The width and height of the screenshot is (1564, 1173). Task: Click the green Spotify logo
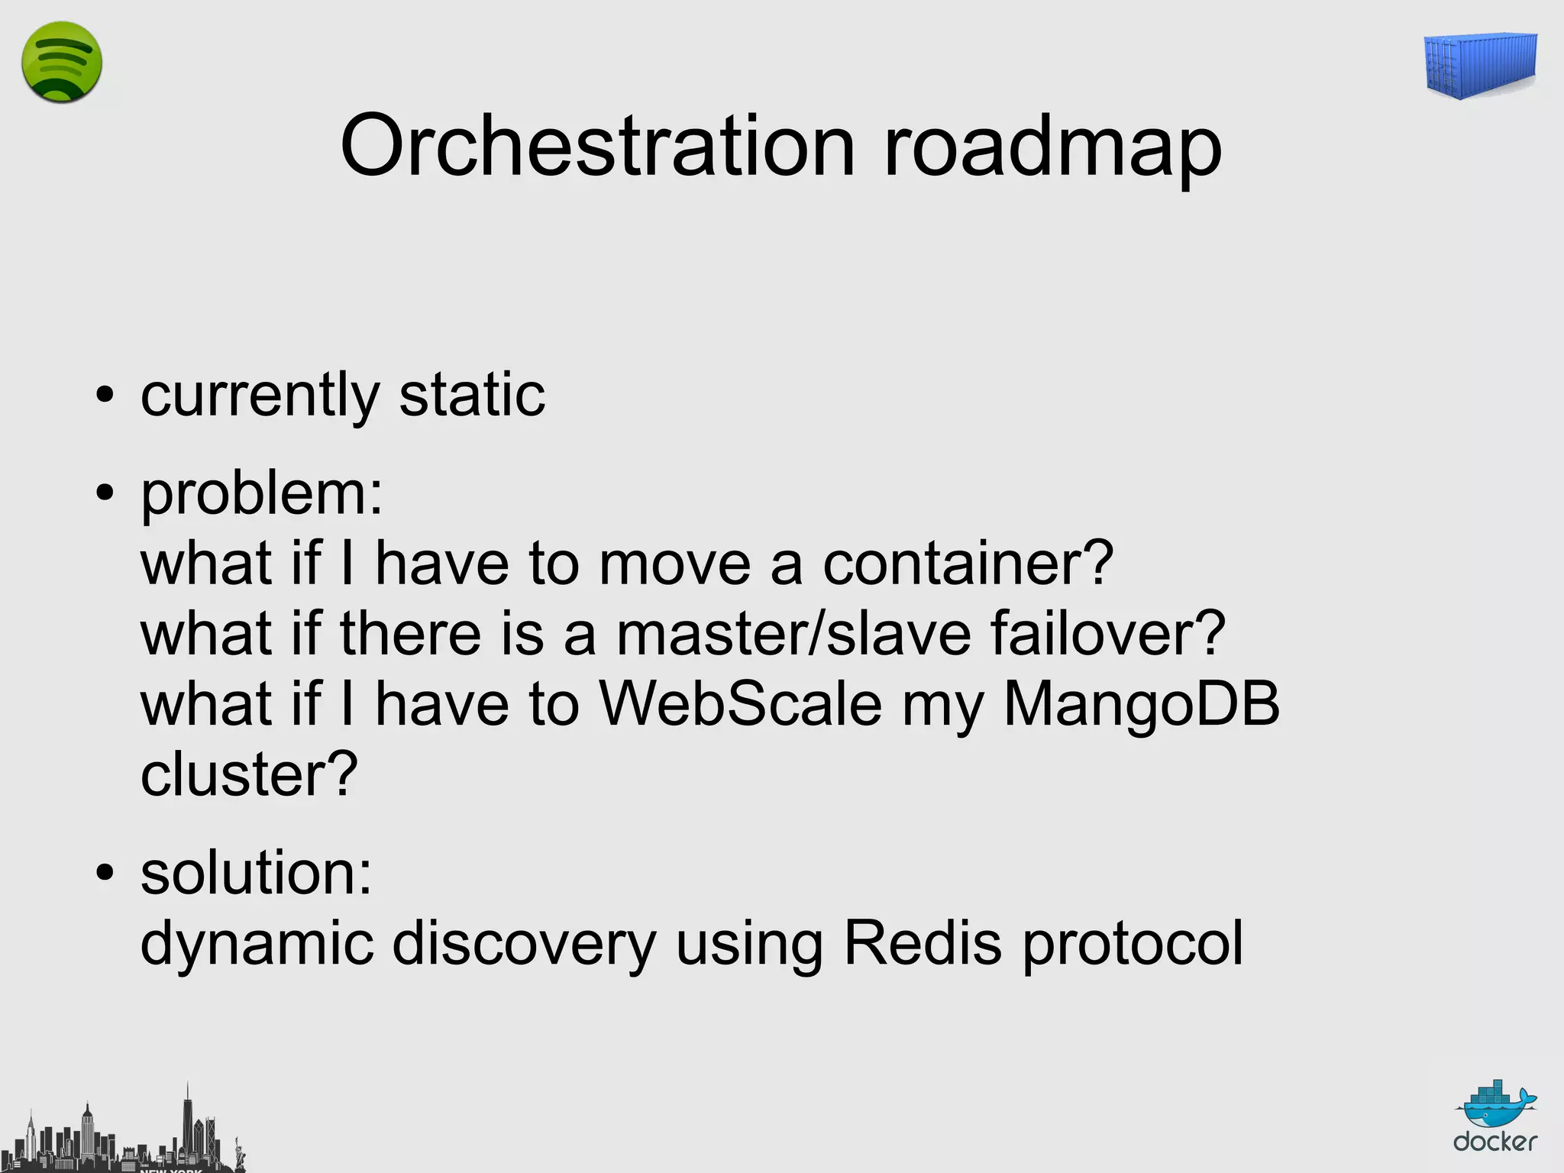pos(61,63)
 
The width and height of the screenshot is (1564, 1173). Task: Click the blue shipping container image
pos(1481,66)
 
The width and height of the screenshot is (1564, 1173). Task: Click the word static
pos(472,395)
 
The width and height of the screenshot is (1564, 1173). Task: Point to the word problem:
pos(262,495)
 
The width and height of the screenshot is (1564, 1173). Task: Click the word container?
pos(968,564)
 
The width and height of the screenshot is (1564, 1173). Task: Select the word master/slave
pos(793,634)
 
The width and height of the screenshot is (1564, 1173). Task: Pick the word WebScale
pos(740,704)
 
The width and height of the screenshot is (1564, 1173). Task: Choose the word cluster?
pos(249,774)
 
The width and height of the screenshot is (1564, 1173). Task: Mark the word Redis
pos(922,943)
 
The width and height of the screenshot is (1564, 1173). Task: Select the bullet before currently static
pos(105,396)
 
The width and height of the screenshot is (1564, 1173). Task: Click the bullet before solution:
pos(105,872)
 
